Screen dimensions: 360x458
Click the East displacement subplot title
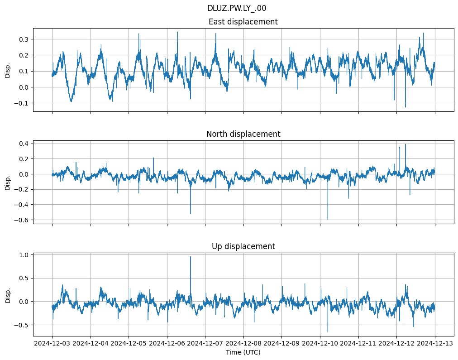tap(243, 22)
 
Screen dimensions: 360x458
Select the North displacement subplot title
tap(243, 134)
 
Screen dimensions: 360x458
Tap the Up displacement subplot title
tap(243, 246)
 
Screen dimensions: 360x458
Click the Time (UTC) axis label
tap(243, 352)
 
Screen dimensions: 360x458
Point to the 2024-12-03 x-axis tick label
tap(52, 344)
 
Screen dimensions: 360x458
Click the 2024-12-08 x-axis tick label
tap(243, 344)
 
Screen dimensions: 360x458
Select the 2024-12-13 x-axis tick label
tap(435, 344)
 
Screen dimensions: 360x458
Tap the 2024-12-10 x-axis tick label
tap(320, 344)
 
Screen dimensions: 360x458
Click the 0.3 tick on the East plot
tap(24, 39)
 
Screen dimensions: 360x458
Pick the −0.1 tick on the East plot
tap(22, 103)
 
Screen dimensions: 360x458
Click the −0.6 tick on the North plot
tap(22, 220)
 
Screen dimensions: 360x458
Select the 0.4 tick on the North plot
tap(24, 144)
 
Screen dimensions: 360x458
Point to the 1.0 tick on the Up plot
tap(24, 255)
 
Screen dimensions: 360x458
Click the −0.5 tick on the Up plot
tap(22, 325)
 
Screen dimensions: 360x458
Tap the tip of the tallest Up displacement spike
tap(191, 257)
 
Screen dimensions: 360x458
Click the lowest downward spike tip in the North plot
tap(328, 220)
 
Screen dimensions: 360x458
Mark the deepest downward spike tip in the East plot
tap(405, 107)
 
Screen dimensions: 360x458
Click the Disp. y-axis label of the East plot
tap(8, 70)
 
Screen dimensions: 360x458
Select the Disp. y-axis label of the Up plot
tap(8, 294)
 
